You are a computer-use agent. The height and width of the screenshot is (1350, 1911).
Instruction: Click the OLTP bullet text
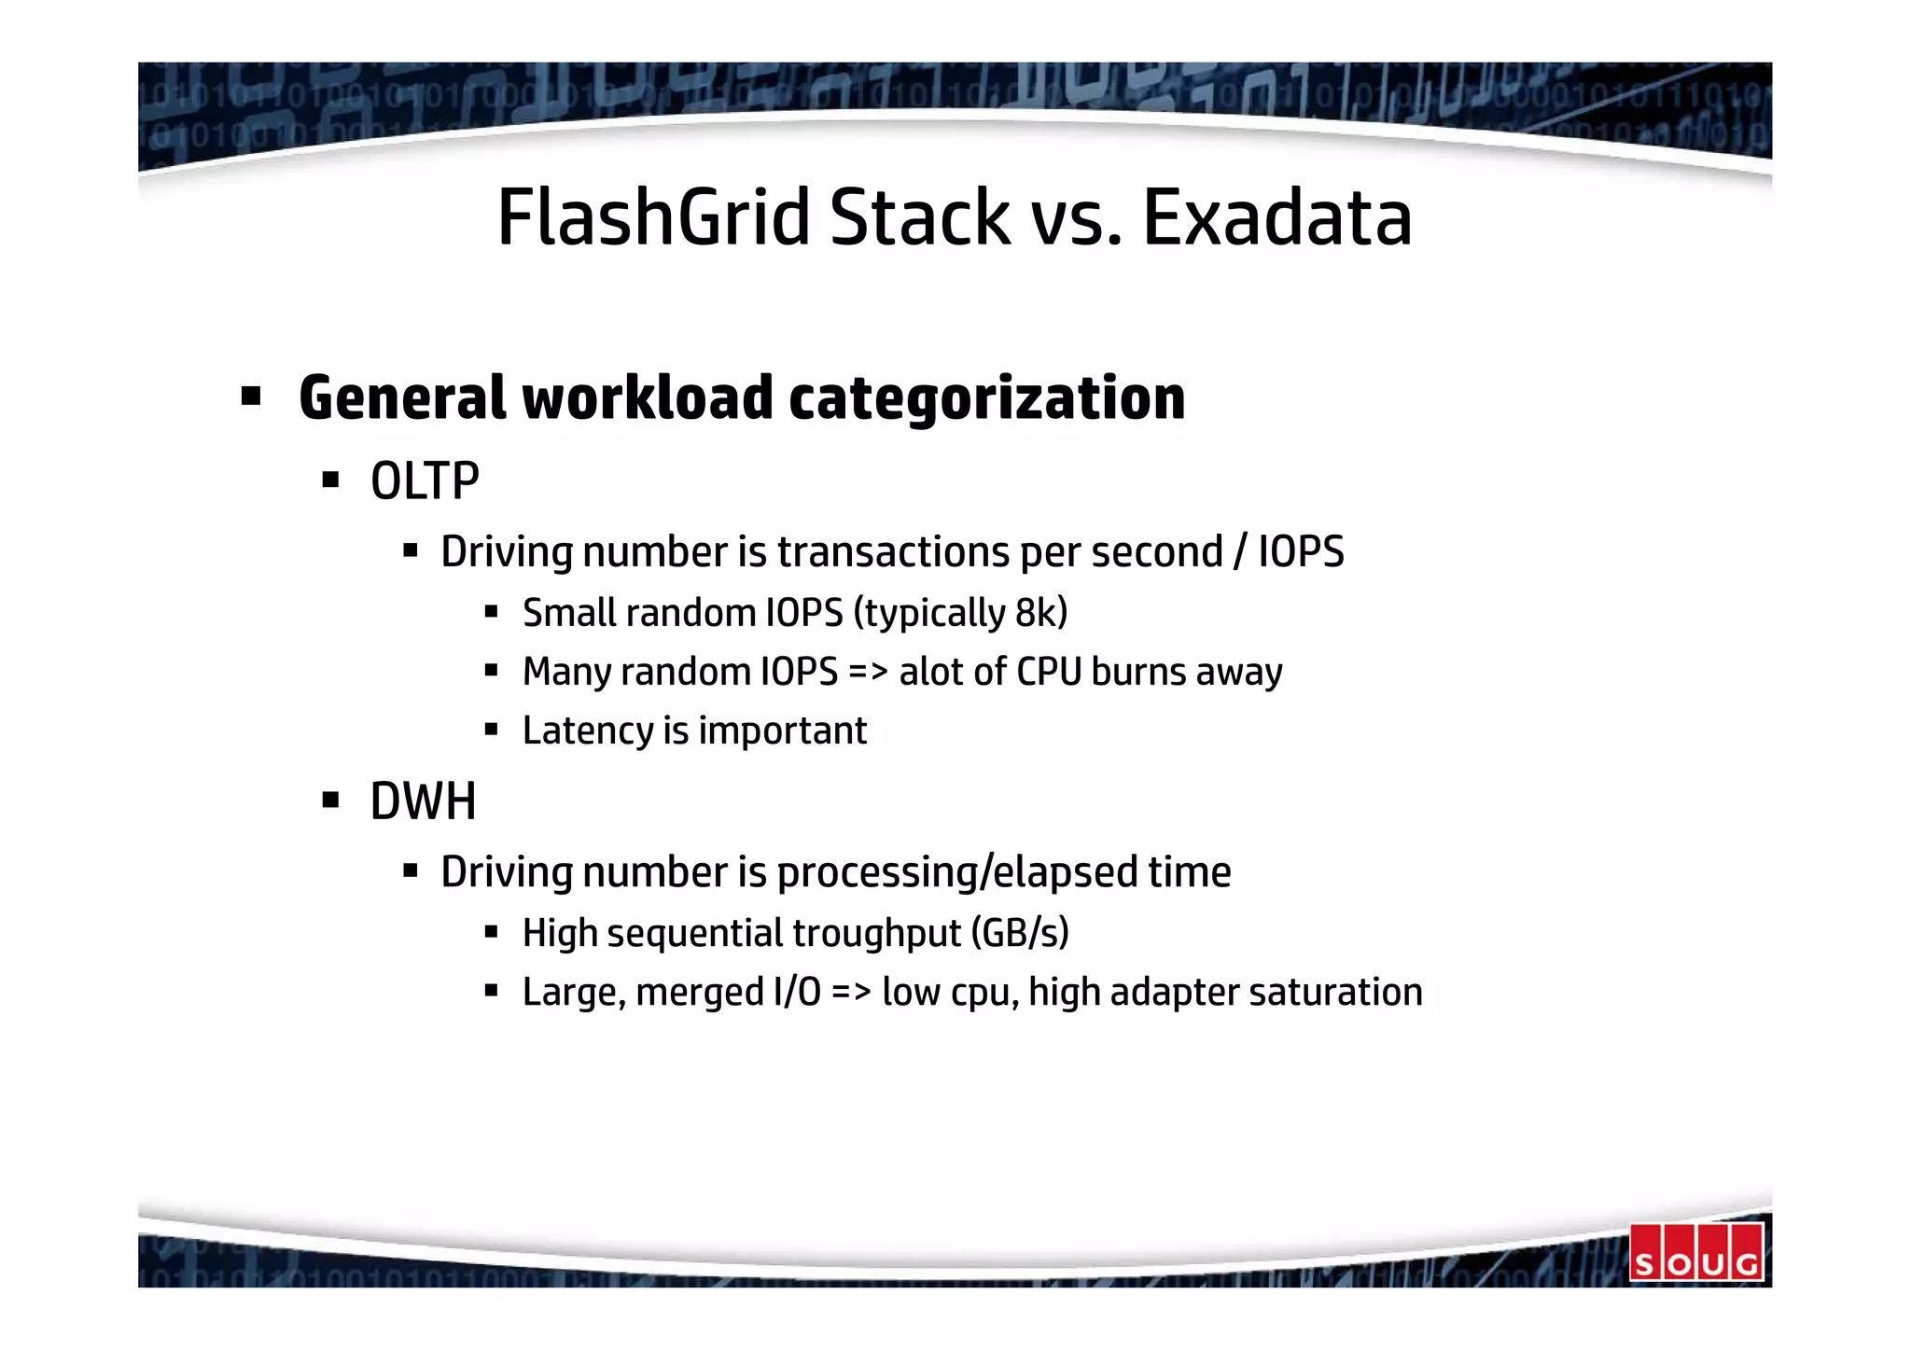coord(425,481)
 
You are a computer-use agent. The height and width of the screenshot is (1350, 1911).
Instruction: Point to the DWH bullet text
coord(423,801)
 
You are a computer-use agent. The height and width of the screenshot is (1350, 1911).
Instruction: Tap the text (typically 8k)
coord(960,613)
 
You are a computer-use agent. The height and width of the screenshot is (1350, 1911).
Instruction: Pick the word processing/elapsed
coord(957,872)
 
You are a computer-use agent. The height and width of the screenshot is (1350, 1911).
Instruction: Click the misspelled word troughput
coord(876,933)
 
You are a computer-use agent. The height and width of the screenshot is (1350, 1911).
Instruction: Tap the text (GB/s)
coord(1020,933)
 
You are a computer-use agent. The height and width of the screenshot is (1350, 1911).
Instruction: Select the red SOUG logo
coord(1696,1252)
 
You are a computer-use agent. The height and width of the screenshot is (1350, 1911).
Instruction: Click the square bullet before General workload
coord(250,397)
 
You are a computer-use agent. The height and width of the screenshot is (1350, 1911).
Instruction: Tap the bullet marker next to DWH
coord(329,800)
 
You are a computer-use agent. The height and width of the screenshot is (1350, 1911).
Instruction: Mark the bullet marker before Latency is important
coord(491,730)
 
